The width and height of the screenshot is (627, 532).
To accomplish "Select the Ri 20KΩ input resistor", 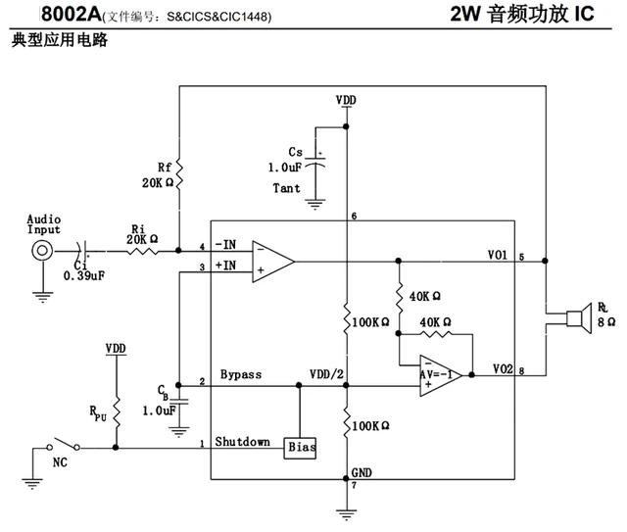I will (141, 250).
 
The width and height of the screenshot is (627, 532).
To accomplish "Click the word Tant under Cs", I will (287, 188).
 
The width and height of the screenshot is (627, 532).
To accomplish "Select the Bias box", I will (299, 447).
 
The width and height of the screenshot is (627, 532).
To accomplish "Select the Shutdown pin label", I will (242, 441).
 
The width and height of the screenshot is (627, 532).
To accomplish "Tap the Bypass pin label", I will (240, 375).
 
